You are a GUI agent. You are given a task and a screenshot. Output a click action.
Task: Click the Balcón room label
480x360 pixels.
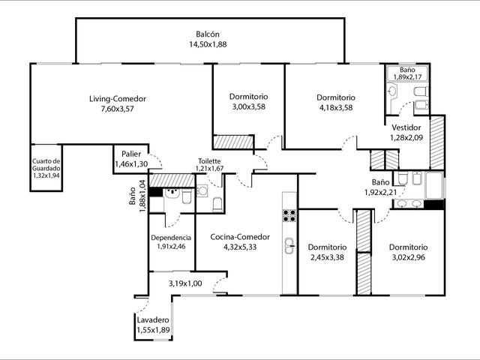[x=208, y=34]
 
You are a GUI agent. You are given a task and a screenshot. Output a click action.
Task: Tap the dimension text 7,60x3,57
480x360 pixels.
[x=118, y=109]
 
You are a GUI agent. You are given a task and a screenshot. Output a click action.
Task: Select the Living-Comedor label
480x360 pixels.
[x=118, y=99]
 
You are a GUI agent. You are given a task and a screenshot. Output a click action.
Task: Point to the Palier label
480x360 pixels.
[x=131, y=154]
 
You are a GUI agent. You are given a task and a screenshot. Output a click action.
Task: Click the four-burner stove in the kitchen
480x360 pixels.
[x=289, y=215]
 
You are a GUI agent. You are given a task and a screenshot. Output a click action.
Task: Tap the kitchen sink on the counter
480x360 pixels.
[x=289, y=246]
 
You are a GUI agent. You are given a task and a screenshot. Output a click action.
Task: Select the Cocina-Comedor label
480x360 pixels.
[x=240, y=237]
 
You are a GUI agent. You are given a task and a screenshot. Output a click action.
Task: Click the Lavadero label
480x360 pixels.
[x=153, y=320]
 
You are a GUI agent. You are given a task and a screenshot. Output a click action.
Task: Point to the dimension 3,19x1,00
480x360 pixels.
[x=185, y=283]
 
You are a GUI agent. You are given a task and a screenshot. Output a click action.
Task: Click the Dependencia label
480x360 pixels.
[x=171, y=238]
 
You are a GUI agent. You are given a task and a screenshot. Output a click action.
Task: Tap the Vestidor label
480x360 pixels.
[x=406, y=127]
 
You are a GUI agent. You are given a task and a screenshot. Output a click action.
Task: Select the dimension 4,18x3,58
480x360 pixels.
[x=336, y=108]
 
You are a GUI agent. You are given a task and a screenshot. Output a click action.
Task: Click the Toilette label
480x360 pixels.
[x=209, y=161]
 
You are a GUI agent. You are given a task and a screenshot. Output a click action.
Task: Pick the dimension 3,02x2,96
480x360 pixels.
[x=408, y=257]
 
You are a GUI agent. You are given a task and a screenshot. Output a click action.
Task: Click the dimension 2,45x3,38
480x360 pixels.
[x=327, y=257]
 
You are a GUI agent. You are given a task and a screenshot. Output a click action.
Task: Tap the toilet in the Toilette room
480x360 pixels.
[x=217, y=205]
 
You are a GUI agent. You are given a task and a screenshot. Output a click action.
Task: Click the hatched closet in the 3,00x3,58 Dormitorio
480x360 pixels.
[x=233, y=142]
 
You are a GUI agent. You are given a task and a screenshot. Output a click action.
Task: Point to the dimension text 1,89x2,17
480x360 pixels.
[x=407, y=76]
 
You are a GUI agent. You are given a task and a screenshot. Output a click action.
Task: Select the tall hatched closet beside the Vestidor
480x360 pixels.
[x=436, y=142]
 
